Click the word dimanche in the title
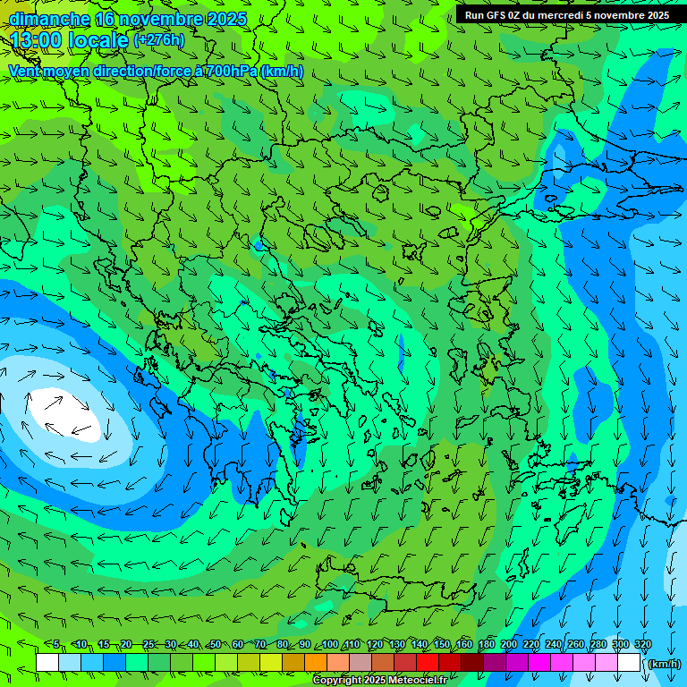click(x=49, y=19)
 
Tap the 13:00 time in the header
click(x=37, y=40)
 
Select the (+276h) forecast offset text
click(x=159, y=40)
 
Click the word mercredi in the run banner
click(x=560, y=15)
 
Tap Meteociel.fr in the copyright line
click(x=411, y=681)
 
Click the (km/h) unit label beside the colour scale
click(x=663, y=664)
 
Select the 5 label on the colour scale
click(x=56, y=645)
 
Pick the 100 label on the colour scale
click(x=330, y=645)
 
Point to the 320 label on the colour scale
click(x=642, y=645)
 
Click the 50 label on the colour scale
click(x=216, y=645)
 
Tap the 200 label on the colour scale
click(x=509, y=645)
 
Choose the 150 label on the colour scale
click(x=442, y=645)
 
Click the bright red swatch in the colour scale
click(x=428, y=663)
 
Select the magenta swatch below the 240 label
click(x=562, y=663)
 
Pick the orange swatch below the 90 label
click(x=316, y=663)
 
